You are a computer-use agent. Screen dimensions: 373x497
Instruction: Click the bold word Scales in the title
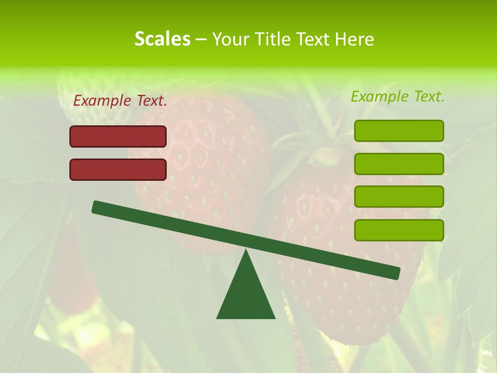click(162, 39)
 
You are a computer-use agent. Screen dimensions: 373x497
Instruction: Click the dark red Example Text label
click(120, 101)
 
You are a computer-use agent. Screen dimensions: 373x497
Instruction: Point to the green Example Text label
click(398, 96)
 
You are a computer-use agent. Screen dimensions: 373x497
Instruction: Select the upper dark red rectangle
click(118, 136)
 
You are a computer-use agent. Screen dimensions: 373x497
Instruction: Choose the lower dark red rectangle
click(118, 169)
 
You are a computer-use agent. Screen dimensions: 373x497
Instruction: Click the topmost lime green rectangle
click(399, 131)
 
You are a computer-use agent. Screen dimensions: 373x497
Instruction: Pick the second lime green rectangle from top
click(399, 164)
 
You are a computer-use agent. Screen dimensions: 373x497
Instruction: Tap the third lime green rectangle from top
click(399, 197)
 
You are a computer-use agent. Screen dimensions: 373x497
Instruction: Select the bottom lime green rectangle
click(399, 230)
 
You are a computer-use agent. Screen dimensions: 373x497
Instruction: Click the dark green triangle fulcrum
click(246, 295)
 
